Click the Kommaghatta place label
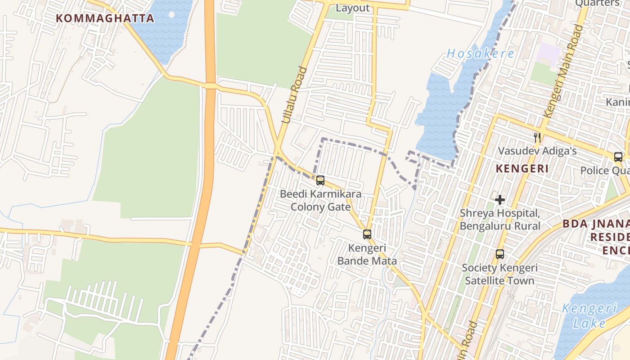[105, 18]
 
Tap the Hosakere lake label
[480, 54]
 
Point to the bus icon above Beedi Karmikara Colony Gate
[320, 180]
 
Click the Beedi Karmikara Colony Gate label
[320, 201]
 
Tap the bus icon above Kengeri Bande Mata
[367, 234]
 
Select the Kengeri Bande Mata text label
[367, 255]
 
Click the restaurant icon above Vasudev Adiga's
[537, 137]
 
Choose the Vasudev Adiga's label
[537, 151]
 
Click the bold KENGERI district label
[522, 169]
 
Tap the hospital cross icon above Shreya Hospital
[499, 200]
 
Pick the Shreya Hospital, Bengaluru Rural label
[499, 219]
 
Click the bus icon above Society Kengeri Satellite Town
[499, 254]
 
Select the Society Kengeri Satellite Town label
[499, 274]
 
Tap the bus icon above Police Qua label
[618, 157]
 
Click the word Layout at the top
[353, 8]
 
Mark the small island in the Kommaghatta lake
[171, 14]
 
